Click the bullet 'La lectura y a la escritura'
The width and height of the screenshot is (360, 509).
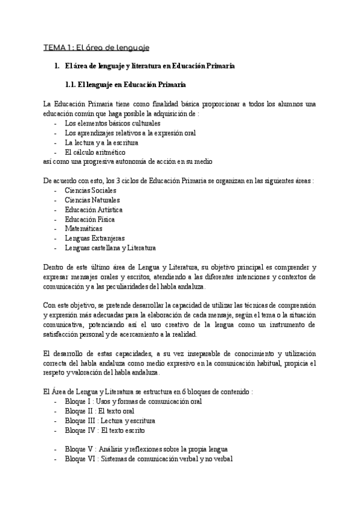point(101,143)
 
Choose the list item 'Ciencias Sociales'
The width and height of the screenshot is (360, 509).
point(91,190)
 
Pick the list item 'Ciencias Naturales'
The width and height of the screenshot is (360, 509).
point(92,200)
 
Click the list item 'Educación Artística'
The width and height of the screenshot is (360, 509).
point(94,209)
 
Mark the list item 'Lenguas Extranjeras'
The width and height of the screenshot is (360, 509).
point(95,238)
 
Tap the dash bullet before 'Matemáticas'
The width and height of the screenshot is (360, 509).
point(56,229)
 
